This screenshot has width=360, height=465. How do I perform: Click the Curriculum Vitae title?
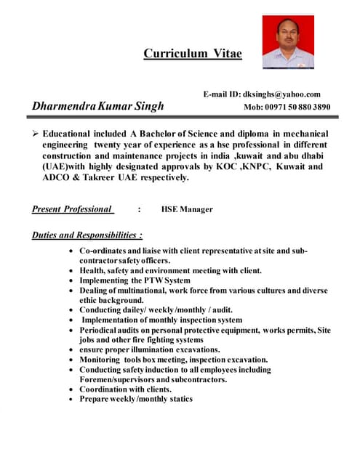coord(192,53)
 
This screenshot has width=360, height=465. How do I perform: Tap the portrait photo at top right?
coord(287,42)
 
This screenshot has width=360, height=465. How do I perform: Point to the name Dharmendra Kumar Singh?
coord(97,107)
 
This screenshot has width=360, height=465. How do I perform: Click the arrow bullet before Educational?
coord(36,134)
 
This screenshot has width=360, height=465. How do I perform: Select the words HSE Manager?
coord(187,209)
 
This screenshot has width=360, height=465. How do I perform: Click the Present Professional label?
coord(72,209)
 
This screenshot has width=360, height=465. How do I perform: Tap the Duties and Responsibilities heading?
coord(87,235)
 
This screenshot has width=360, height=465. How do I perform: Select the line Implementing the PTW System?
coord(135,280)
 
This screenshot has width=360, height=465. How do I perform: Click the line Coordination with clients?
coord(125,389)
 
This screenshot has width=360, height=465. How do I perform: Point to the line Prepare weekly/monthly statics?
coord(136,399)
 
